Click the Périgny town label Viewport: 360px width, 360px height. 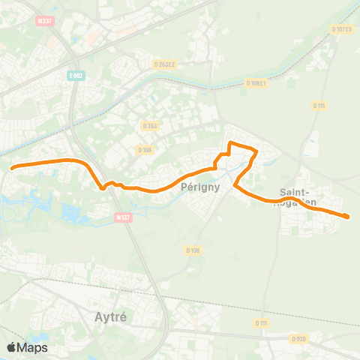pos(201,188)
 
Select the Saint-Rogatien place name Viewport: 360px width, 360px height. pos(298,196)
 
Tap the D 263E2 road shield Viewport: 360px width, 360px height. pos(164,64)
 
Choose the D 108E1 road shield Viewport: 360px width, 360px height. pos(256,83)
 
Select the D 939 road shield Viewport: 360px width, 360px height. pos(298,339)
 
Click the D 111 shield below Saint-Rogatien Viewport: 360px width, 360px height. pos(260,322)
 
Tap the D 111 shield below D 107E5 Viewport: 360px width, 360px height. pos(320,106)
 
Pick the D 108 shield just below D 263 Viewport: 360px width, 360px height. pos(144,150)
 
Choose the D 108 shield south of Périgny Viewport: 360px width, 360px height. pos(193,250)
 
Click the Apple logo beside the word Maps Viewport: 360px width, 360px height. pos(12,347)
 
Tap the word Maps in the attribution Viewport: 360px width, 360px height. pos(32,347)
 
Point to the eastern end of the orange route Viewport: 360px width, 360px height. pos(348,217)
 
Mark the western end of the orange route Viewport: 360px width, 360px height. pos(13,167)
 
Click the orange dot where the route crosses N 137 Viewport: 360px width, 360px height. pos(103,188)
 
